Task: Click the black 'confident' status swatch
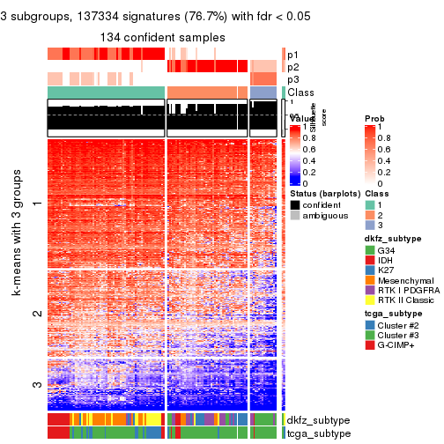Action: point(296,205)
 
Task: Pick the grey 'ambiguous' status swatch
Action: point(296,217)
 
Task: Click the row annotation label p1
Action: point(292,54)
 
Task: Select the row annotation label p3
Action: point(292,79)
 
